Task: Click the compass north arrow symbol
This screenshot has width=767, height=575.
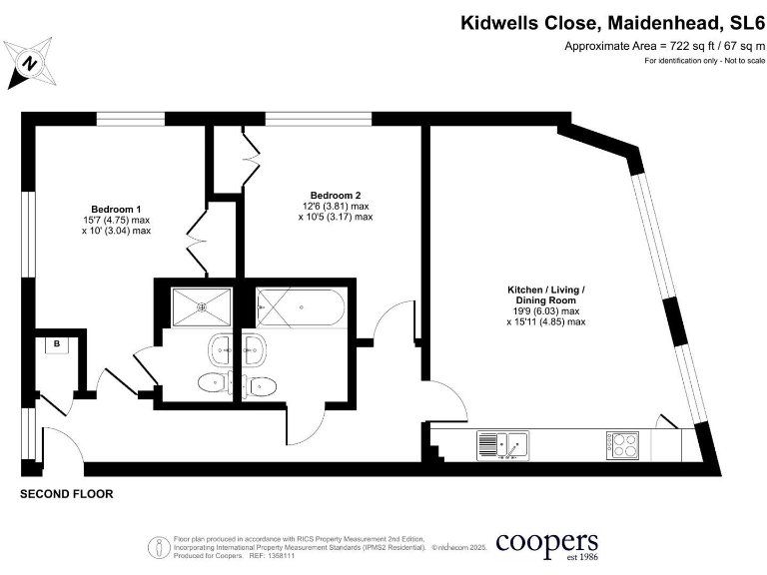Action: (30, 62)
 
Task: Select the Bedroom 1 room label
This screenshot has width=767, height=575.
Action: (116, 198)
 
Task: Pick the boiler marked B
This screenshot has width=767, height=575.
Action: (57, 344)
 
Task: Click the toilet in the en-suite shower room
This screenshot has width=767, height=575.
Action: (212, 383)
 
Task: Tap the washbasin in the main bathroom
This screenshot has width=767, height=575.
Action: (255, 349)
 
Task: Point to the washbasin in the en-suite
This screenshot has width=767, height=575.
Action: (221, 349)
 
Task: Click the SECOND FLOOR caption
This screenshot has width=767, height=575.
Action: (67, 494)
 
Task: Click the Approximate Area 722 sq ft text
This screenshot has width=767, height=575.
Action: (661, 46)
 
